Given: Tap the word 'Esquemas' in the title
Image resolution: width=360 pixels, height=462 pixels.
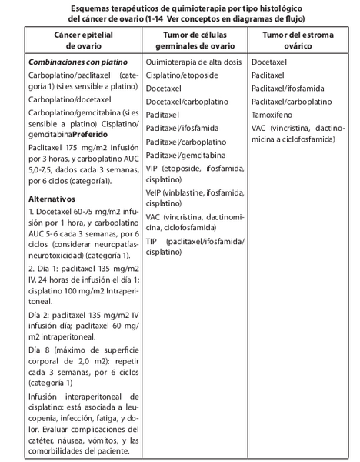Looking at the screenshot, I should (85, 7).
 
